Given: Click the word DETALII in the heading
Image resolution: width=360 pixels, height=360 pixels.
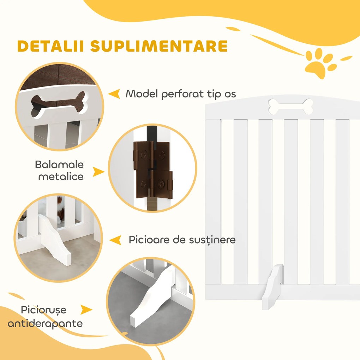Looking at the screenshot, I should click(50, 47).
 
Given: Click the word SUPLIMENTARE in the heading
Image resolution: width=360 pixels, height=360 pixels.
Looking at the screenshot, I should click(158, 47).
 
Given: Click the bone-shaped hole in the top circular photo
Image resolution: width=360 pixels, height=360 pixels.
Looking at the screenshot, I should click(58, 104).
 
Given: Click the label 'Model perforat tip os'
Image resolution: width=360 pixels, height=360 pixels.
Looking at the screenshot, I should click(181, 94).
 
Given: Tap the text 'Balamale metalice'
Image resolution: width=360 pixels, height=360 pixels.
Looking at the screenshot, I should click(59, 170).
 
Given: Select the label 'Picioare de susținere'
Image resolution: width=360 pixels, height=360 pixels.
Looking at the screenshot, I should click(182, 240).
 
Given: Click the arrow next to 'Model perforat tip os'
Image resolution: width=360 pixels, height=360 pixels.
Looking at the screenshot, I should click(114, 94).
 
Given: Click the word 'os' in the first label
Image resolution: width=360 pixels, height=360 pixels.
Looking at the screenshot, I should click(229, 94).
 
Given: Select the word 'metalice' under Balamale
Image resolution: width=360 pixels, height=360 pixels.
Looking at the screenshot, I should click(61, 176).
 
